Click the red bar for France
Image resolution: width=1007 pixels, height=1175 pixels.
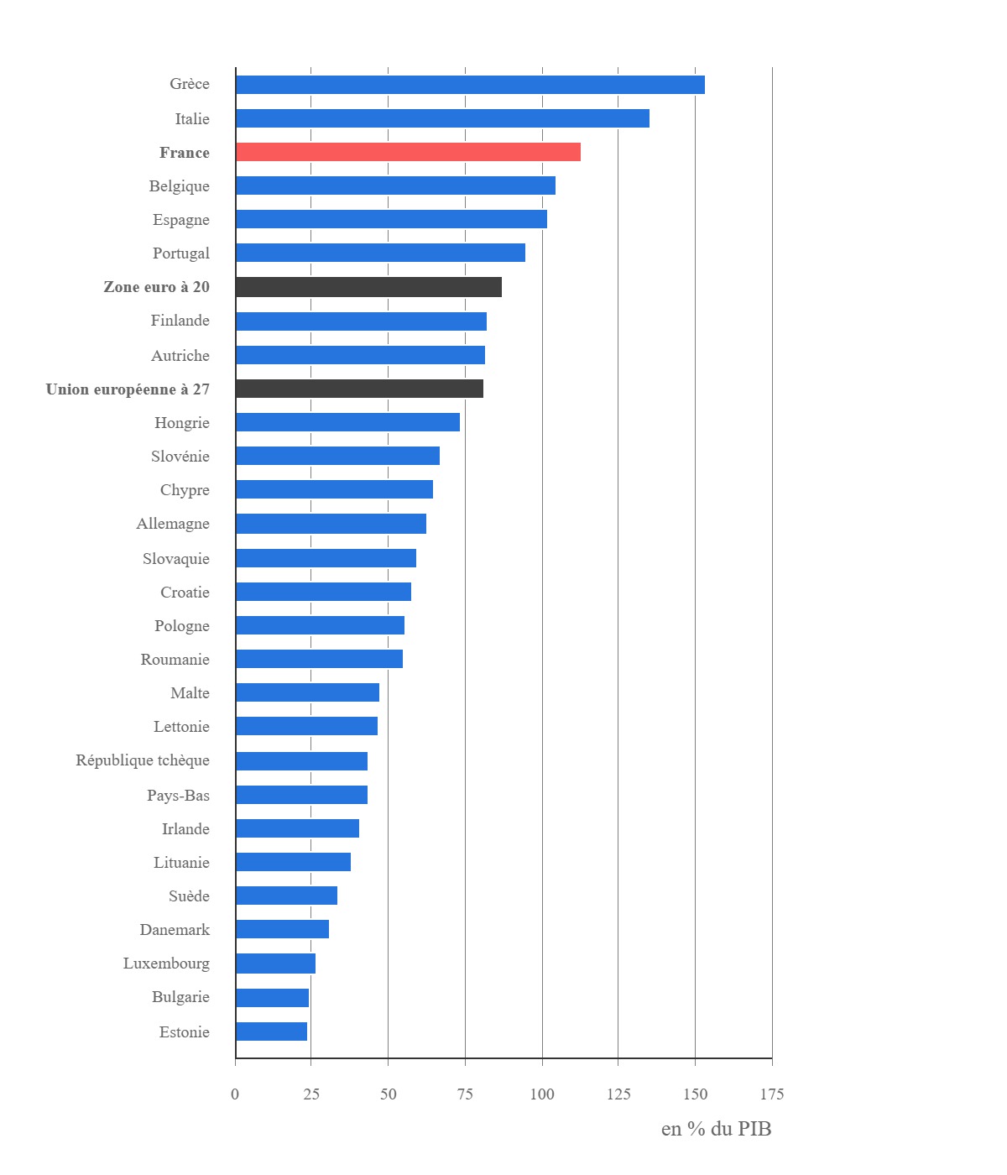(408, 152)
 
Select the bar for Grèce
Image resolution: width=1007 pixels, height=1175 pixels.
(470, 85)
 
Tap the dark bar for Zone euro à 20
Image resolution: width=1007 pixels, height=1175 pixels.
(368, 287)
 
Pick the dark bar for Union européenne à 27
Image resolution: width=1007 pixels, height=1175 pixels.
(359, 389)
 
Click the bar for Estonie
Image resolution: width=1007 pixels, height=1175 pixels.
(271, 1031)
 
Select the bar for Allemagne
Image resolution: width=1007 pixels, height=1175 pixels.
(331, 524)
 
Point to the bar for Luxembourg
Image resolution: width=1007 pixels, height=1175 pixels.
(275, 963)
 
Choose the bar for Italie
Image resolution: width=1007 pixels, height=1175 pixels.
(442, 118)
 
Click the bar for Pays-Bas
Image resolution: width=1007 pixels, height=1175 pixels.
(301, 795)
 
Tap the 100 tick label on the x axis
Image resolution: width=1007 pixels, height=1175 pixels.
(542, 1094)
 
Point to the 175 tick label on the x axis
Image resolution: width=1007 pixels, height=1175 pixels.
(771, 1094)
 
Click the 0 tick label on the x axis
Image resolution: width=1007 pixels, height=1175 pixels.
(235, 1094)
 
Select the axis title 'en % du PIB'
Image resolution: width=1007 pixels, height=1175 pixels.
(716, 1129)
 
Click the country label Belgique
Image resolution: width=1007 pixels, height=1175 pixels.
(179, 186)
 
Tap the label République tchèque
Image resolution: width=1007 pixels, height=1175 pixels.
(143, 760)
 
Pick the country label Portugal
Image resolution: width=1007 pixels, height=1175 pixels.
(180, 253)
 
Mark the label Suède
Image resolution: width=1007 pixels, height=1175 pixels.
(189, 896)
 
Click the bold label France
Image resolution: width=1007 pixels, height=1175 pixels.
(185, 153)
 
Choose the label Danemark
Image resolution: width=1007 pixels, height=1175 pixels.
(175, 930)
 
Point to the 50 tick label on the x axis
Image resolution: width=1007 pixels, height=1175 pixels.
(388, 1094)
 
